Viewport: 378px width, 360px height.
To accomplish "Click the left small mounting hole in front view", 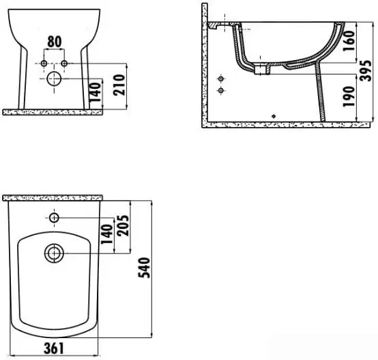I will click(x=45, y=64).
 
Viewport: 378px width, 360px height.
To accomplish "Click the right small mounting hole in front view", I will click(x=66, y=64).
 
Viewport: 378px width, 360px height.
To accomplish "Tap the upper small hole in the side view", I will click(x=220, y=79).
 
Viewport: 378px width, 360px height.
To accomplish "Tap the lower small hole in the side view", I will click(x=220, y=90).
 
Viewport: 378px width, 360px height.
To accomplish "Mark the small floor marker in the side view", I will click(x=274, y=116).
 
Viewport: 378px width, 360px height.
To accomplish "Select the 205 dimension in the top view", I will click(x=123, y=226).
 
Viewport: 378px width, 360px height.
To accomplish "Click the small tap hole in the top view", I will click(x=54, y=218).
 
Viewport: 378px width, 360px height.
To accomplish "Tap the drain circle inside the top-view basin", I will click(x=53, y=253).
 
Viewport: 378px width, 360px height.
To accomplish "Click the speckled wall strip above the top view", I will click(x=53, y=197).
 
